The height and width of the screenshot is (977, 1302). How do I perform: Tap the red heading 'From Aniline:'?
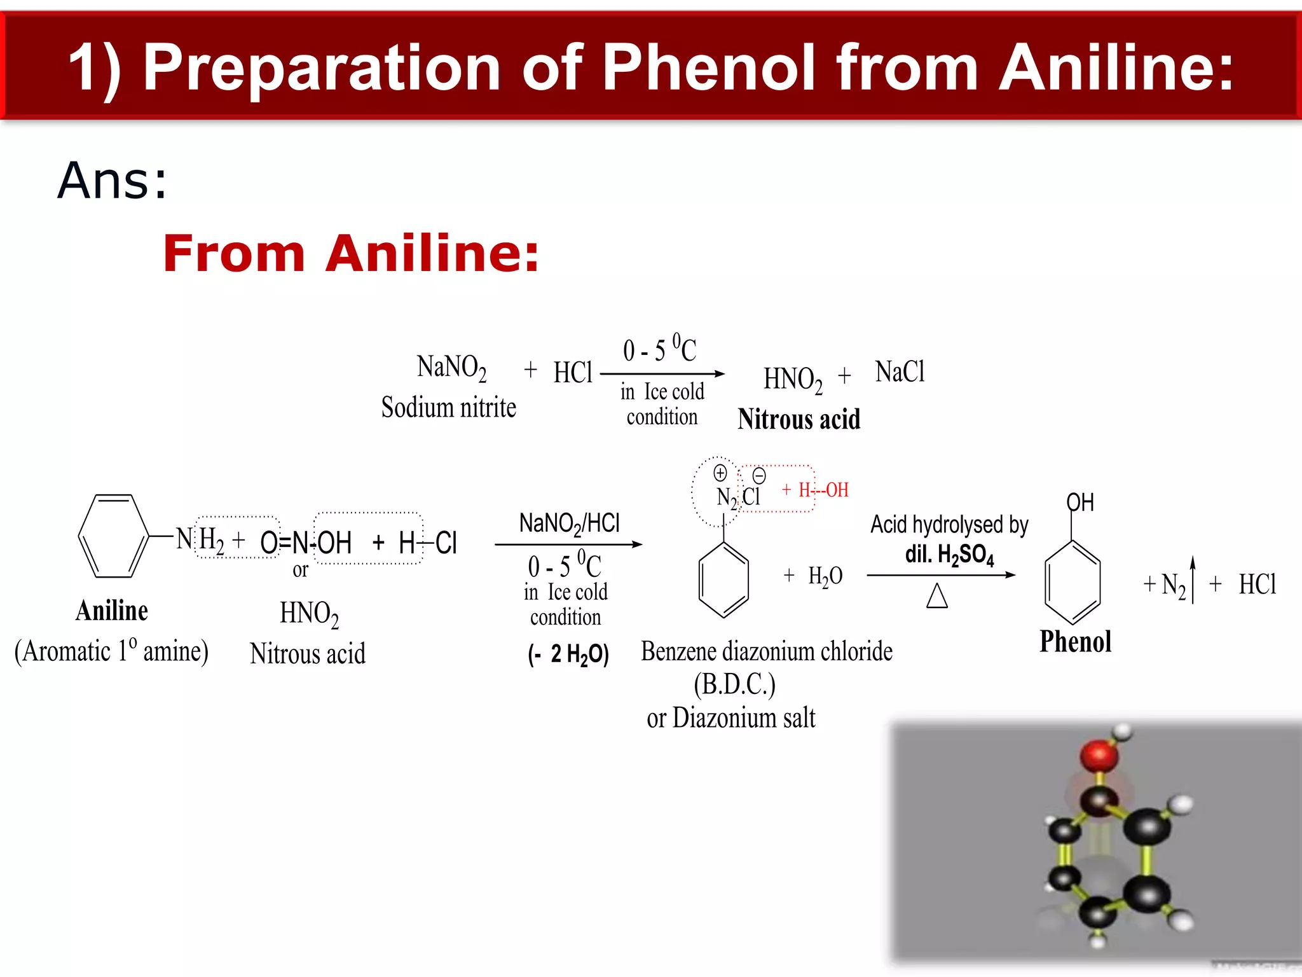coord(351,253)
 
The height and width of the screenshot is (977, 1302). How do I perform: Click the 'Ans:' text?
coord(112,181)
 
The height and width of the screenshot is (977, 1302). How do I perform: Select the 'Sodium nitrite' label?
coord(448,408)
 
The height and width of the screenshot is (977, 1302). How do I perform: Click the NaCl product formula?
coord(900,372)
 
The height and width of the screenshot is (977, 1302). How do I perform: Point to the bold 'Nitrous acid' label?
coord(798,420)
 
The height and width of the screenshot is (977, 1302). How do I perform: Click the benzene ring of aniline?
coord(113,536)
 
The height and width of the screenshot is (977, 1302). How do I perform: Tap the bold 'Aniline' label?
coord(112,611)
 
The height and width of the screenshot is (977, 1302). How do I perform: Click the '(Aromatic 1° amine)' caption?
coord(111,651)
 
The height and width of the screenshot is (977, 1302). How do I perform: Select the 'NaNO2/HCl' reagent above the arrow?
coord(569,523)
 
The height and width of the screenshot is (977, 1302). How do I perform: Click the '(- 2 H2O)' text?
coord(568,654)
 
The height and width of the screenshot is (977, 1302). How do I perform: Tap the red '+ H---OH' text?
coord(816,490)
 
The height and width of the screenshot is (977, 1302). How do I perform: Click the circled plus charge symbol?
coord(720,473)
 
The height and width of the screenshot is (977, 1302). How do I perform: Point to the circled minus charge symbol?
coord(759,476)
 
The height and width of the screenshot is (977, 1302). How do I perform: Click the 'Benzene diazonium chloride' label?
coord(767,651)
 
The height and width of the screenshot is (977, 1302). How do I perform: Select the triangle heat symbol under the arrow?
coord(937,596)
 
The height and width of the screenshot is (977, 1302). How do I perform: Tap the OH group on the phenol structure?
coord(1080,502)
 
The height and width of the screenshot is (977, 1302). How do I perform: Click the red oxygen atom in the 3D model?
coord(1099,756)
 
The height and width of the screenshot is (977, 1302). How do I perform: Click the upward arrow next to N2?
coord(1193,579)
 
